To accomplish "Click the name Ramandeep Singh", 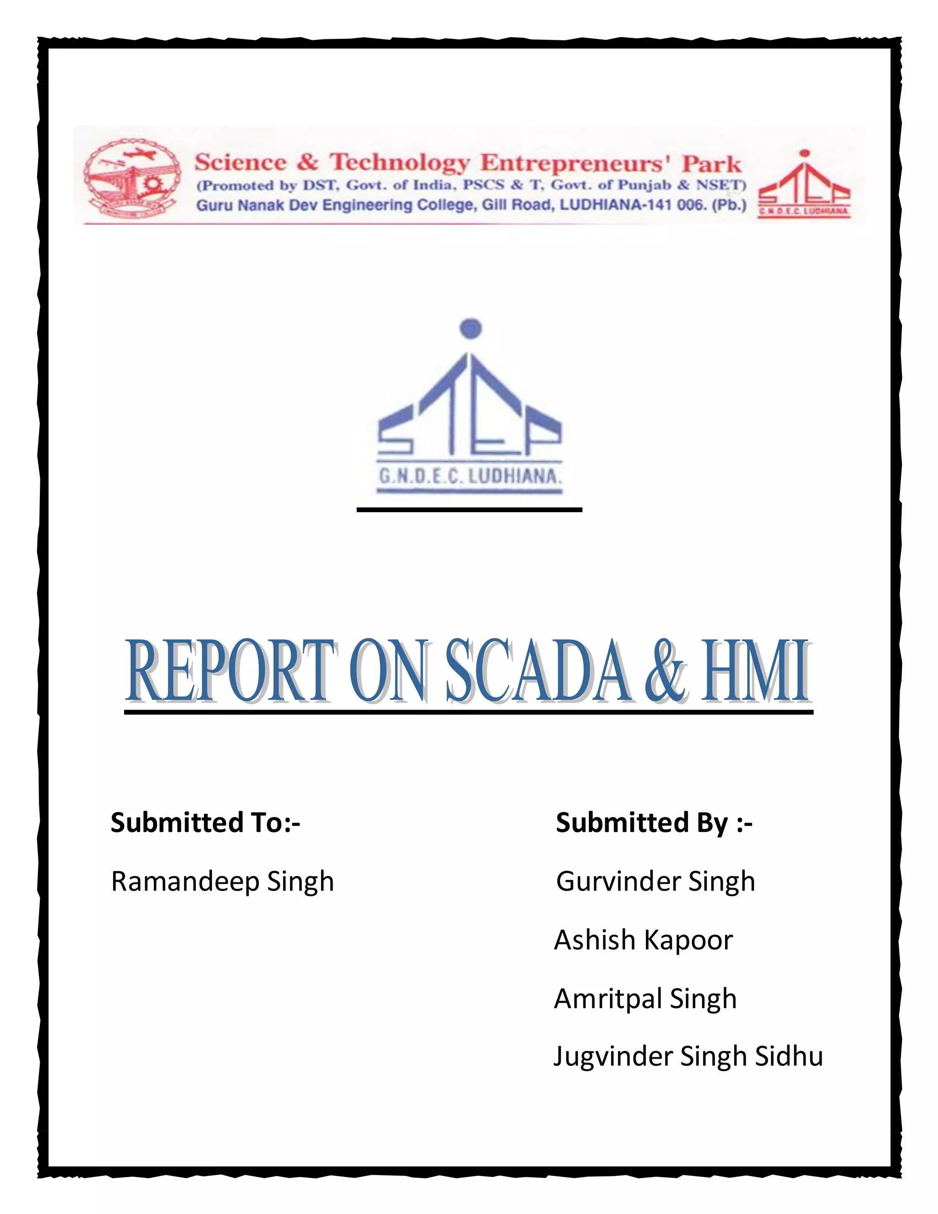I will click(222, 882).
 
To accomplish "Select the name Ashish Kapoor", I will click(644, 941).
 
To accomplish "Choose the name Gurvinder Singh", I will click(655, 882).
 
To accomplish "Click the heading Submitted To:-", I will click(205, 823).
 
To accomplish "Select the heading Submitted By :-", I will click(654, 823).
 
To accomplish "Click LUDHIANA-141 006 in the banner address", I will click(632, 205).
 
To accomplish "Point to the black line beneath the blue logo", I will click(469, 509).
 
